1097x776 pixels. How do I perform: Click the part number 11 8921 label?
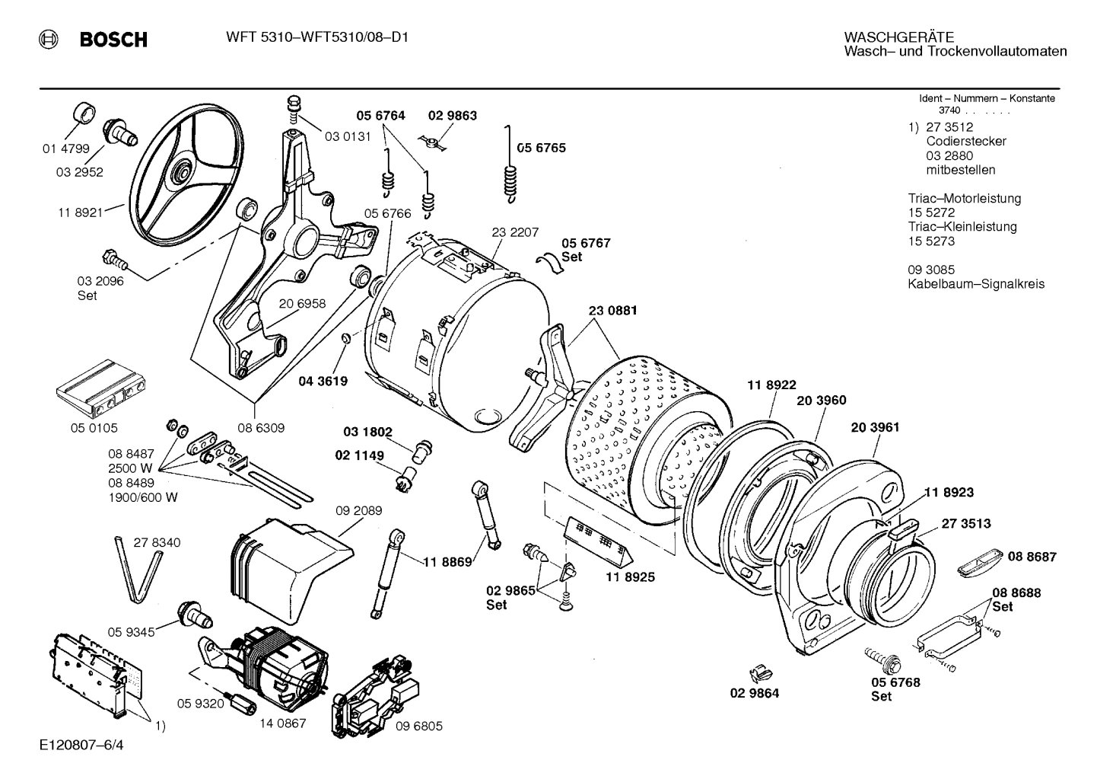tap(80, 212)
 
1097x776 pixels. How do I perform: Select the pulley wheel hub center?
tap(182, 168)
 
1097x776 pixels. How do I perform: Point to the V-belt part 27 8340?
tap(138, 567)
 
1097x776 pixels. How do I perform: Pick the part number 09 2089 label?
tap(359, 510)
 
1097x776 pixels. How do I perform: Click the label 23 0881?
tap(612, 311)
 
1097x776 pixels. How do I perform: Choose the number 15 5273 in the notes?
tap(931, 241)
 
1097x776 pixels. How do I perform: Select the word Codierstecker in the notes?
tap(965, 142)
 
